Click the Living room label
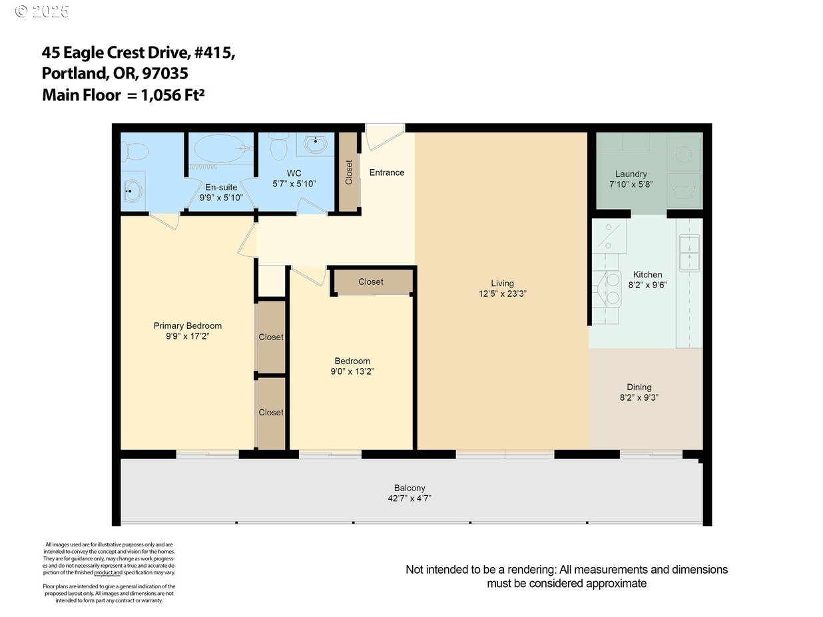tap(502, 284)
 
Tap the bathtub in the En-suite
tap(220, 148)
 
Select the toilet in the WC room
tap(280, 145)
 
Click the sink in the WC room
tap(315, 142)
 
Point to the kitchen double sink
tap(689, 254)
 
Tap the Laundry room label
tap(631, 174)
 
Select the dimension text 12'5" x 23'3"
tap(502, 294)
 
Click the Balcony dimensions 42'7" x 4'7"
tap(409, 498)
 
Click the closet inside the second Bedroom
tap(371, 282)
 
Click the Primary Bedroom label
tap(187, 325)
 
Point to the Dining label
tap(639, 387)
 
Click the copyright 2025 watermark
tap(41, 11)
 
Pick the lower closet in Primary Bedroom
tap(271, 413)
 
